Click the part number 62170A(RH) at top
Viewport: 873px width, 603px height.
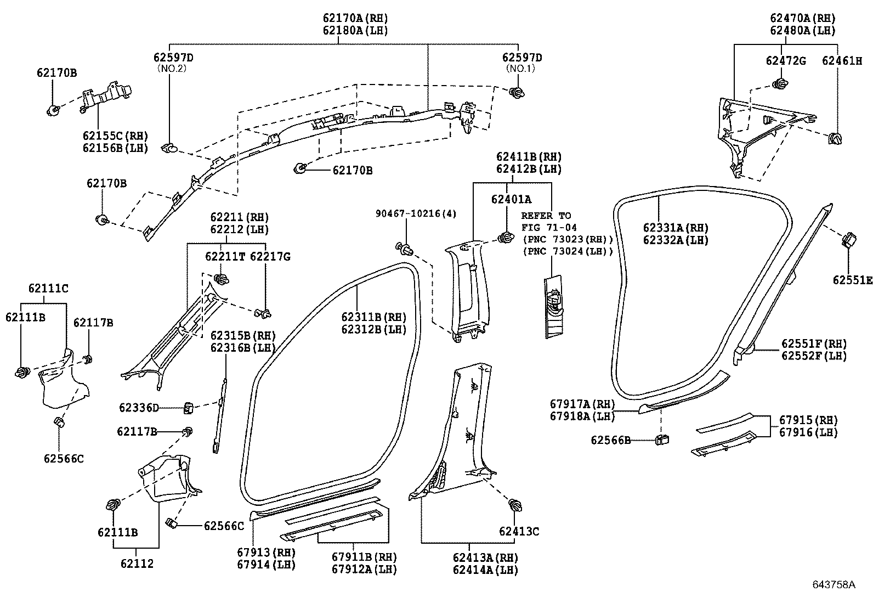click(355, 18)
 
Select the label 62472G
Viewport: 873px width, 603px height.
click(786, 61)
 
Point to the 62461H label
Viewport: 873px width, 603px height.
click(842, 61)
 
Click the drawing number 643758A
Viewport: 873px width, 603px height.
click(834, 584)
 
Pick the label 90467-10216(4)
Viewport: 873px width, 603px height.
click(416, 213)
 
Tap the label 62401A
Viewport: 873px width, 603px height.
click(511, 200)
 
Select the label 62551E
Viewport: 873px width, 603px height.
click(852, 280)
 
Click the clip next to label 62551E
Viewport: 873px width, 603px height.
click(848, 240)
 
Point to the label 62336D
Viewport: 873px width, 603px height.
click(139, 408)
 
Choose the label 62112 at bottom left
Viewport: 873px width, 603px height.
click(137, 563)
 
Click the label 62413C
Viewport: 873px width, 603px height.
click(519, 531)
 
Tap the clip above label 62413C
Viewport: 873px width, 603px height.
click(515, 505)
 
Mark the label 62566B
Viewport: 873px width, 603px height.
click(610, 440)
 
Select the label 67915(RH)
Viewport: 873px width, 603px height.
click(809, 420)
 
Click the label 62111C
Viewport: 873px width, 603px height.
click(48, 288)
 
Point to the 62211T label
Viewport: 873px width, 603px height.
click(225, 256)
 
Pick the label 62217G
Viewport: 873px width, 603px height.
click(270, 256)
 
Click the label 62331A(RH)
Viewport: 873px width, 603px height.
click(676, 228)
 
